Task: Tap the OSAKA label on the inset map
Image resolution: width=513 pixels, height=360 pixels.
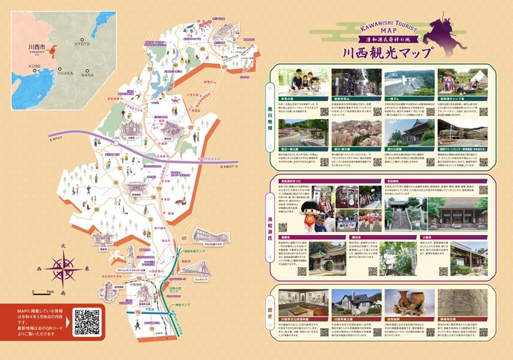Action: [65, 73]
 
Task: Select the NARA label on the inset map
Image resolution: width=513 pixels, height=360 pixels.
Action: [88, 75]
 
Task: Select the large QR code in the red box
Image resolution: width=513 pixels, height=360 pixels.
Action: [86, 321]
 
